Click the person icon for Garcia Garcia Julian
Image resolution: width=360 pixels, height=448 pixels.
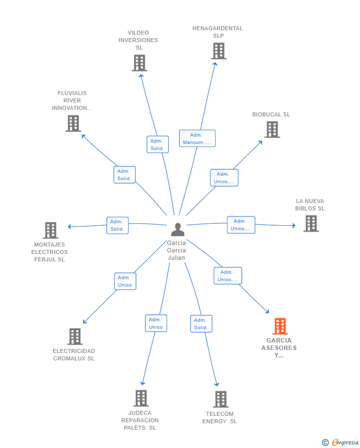(178, 229)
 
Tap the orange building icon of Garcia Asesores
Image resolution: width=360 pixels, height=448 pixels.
(280, 326)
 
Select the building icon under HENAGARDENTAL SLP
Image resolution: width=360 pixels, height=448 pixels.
(219, 51)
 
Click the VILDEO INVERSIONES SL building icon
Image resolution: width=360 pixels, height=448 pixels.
(139, 63)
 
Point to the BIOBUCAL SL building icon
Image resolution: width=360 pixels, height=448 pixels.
(272, 129)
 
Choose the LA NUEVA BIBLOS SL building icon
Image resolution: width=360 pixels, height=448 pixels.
(311, 223)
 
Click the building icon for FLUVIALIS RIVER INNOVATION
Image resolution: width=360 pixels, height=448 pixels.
(73, 123)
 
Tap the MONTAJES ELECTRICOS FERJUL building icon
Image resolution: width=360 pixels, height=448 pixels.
(50, 230)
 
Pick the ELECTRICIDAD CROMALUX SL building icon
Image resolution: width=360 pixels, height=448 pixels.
(75, 336)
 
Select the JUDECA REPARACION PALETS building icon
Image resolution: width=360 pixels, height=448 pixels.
(141, 398)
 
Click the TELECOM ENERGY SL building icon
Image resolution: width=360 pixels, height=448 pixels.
(221, 399)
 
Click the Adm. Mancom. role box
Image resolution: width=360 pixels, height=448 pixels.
(197, 139)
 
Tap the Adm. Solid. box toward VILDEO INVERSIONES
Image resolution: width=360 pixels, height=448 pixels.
(158, 145)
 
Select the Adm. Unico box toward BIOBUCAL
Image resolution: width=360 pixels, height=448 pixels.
(224, 178)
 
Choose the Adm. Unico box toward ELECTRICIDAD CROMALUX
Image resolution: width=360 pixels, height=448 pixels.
(125, 282)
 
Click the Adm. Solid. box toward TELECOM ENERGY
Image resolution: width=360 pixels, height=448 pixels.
(201, 324)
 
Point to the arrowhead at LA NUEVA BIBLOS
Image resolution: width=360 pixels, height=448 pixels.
(294, 225)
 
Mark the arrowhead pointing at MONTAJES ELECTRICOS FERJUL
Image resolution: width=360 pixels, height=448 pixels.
(69, 227)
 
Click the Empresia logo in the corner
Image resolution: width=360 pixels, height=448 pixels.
(340, 442)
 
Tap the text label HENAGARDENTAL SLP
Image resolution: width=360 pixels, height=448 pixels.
(218, 32)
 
